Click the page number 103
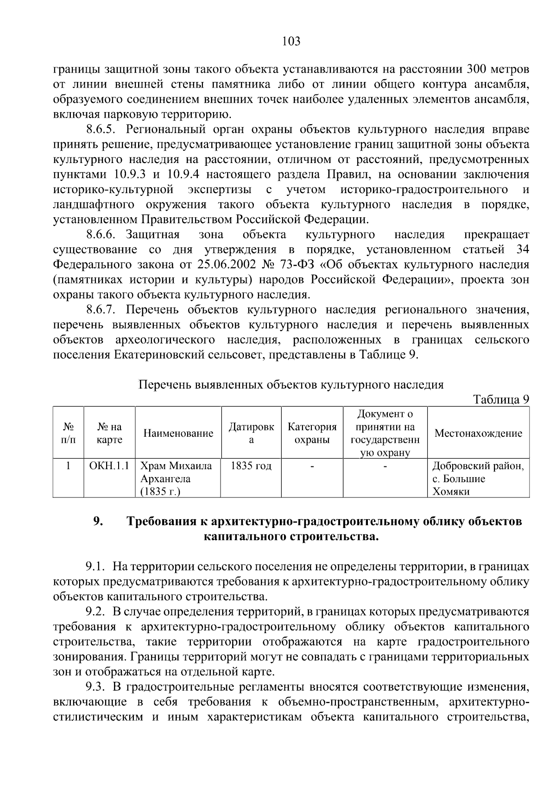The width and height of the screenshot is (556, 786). [x=291, y=42]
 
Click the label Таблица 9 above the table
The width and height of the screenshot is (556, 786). [x=500, y=399]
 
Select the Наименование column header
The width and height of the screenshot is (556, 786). [x=178, y=434]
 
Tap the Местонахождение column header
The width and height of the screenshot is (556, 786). [x=478, y=434]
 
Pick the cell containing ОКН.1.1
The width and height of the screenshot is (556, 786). [x=109, y=466]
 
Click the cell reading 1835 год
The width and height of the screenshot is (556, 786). [x=251, y=466]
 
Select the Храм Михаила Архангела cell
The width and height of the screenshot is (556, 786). [x=176, y=478]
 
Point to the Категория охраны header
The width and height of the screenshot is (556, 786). [x=312, y=434]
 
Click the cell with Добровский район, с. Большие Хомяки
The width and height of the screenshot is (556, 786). [x=478, y=478]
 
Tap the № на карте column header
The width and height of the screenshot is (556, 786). [x=109, y=434]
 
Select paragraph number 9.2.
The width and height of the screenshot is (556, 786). [x=95, y=611]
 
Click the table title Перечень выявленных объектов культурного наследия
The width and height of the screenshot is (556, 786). [x=291, y=385]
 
